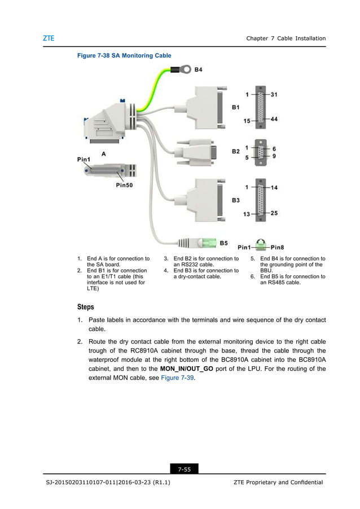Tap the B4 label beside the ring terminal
198,70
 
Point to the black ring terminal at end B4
182,71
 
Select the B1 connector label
236,106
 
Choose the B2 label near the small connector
236,151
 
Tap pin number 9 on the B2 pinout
274,156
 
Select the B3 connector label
236,200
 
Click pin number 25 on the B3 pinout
275,213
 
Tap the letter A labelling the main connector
104,153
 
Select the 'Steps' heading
86,307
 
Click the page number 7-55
183,469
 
